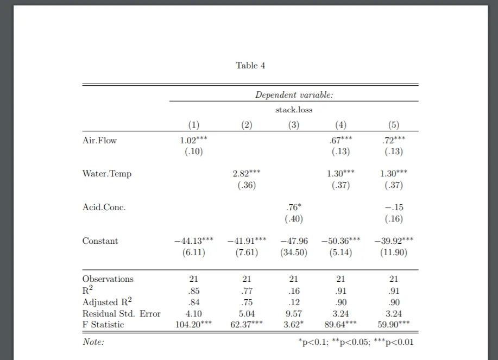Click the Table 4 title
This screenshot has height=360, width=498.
coord(250,66)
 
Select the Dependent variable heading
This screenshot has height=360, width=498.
coord(294,95)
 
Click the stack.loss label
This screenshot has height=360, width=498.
coord(294,110)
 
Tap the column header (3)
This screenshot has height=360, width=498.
coord(294,125)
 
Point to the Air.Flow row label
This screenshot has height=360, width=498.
coord(99,141)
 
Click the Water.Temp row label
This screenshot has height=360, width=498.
coord(107,174)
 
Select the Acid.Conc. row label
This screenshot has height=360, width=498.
coord(104,207)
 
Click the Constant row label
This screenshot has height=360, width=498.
coord(100,241)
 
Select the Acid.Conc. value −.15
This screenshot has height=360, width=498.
coord(394,207)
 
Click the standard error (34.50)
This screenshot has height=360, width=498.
coord(294,252)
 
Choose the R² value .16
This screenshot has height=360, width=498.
coord(294,290)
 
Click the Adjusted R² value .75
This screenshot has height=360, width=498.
coord(247,302)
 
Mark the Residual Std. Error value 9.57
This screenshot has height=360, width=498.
coord(294,313)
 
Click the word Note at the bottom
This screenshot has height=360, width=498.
coord(93,342)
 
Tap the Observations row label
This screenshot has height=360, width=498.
coord(108,279)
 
